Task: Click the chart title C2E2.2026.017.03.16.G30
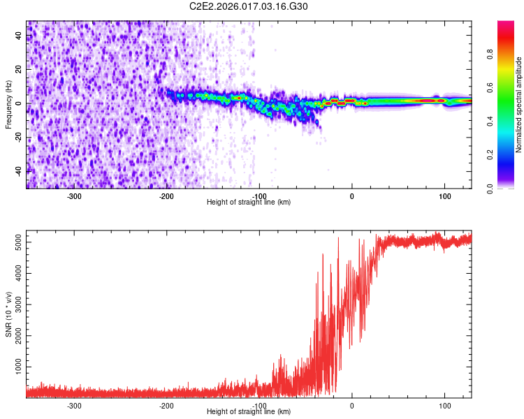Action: pos(249,6)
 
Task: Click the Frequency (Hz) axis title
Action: pos(8,105)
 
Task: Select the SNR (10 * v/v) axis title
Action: pos(8,315)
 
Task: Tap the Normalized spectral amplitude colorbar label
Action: pos(519,105)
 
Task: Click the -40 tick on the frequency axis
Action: pos(20,171)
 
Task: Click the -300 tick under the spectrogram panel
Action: pos(74,196)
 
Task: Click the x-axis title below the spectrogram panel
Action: pos(249,203)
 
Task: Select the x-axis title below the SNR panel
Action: pos(249,412)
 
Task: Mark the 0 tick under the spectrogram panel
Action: pos(352,196)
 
